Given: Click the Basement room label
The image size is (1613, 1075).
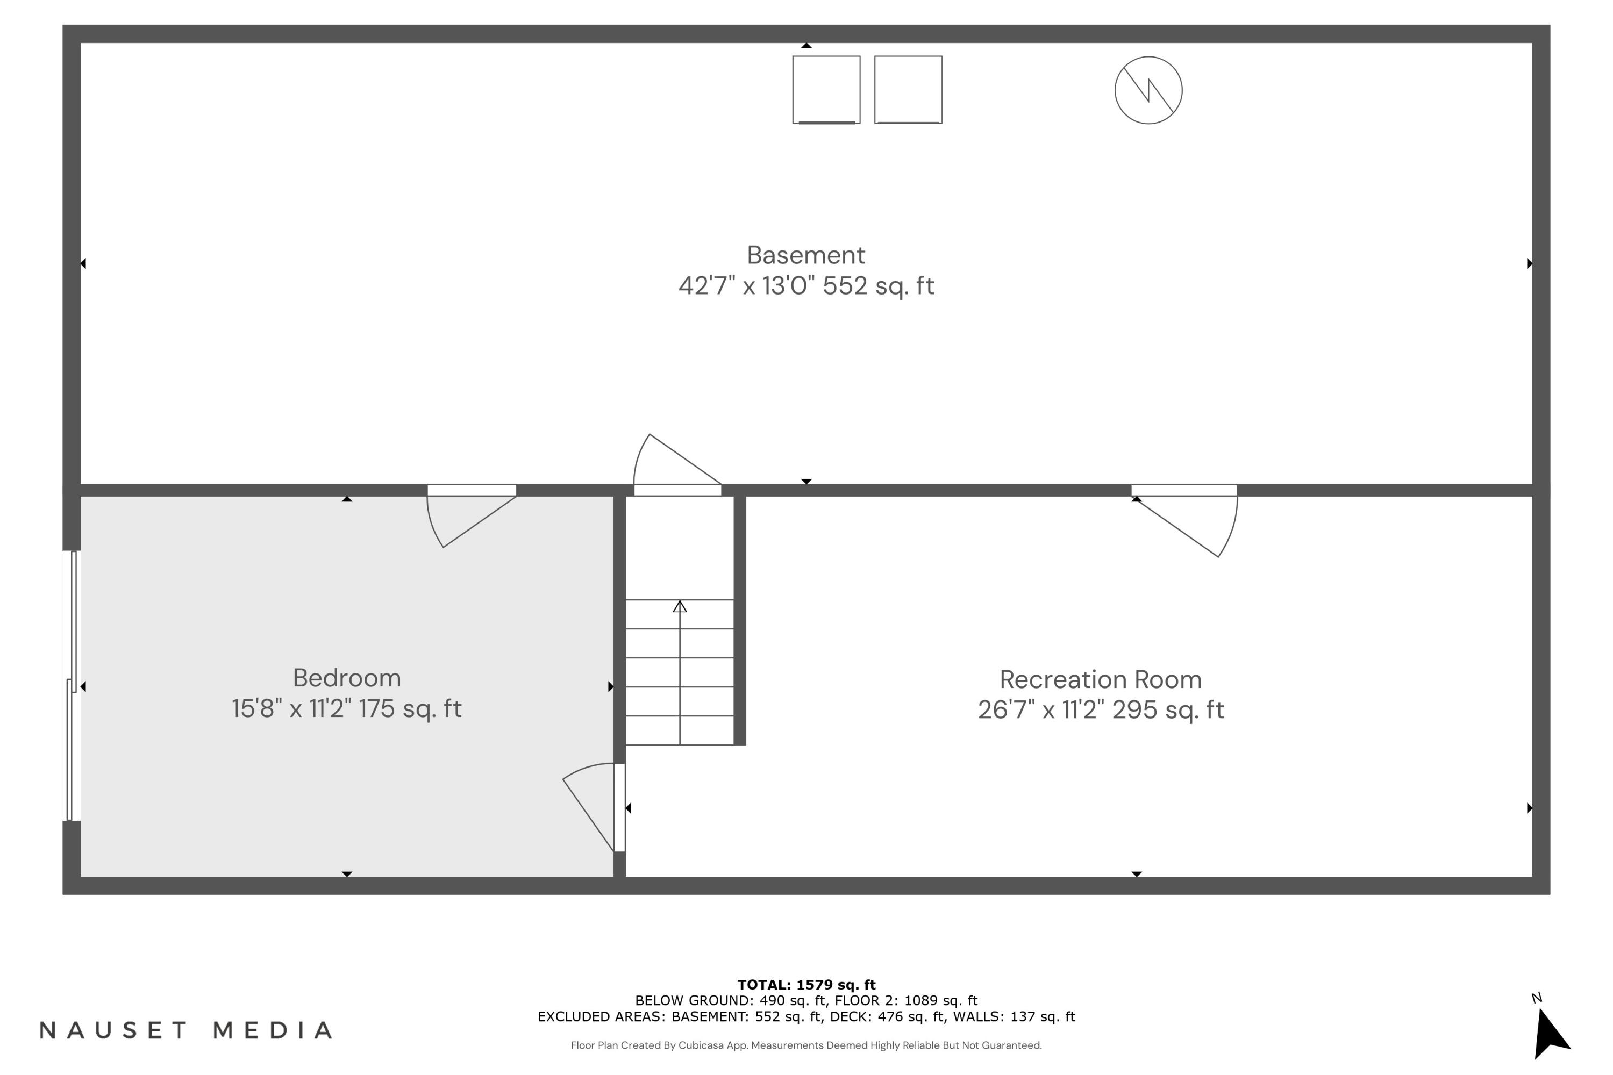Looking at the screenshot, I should point(806,255).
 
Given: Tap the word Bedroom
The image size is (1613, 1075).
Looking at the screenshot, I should point(347,678).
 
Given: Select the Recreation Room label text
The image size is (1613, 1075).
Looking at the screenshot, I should point(1101,679).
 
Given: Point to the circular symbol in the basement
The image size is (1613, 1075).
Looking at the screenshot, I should point(1148,90).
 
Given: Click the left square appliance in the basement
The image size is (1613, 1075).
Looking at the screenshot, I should point(826,90).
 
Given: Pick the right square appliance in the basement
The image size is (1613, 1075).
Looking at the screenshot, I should point(908,90).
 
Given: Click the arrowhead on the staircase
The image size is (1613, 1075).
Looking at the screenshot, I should point(680,607).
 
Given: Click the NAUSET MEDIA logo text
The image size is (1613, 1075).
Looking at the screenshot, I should point(186,1030).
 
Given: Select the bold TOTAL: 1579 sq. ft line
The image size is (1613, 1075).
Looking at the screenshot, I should point(806,985).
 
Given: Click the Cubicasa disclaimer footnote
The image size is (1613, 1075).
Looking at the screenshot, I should point(806,1045).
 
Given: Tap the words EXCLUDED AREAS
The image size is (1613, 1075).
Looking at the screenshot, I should point(600,1017).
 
